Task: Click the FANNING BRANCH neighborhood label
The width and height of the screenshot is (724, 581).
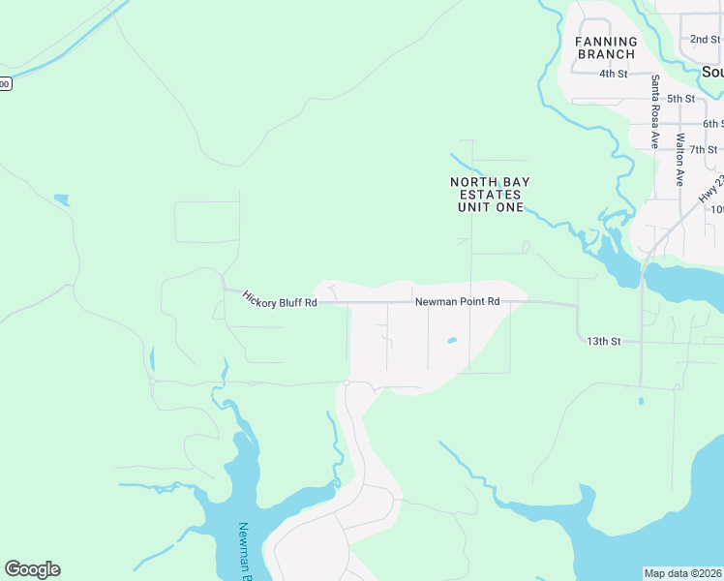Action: tap(607, 47)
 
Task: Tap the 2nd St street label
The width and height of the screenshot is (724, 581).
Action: tap(705, 40)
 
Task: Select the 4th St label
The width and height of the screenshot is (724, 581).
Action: tap(614, 74)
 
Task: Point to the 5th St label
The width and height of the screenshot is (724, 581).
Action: tap(680, 99)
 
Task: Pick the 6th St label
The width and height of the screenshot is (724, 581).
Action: tap(713, 124)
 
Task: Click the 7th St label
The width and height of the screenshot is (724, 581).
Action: tap(704, 149)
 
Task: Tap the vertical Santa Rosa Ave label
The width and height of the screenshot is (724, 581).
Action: tap(655, 111)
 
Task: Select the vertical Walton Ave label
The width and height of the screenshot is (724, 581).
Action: tap(681, 160)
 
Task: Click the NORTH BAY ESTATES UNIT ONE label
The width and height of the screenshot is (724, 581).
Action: tap(490, 195)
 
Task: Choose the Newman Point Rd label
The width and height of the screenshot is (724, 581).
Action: tap(457, 302)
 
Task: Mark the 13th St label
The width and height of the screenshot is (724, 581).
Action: tap(603, 341)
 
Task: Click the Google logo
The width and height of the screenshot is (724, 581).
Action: tap(32, 569)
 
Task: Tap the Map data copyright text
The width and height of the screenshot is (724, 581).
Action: tap(683, 573)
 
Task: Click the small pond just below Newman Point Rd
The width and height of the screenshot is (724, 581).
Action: tap(451, 341)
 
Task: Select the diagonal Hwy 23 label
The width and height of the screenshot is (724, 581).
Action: tap(712, 189)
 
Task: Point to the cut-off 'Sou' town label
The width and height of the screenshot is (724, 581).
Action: tap(712, 73)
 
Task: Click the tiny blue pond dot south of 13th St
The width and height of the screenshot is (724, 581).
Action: tap(640, 400)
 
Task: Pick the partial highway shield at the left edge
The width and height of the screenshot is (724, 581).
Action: tap(4, 84)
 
